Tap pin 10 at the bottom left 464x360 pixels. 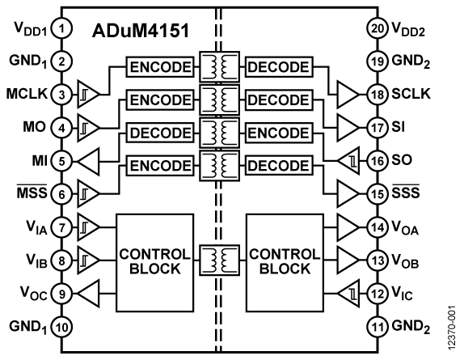click(60, 328)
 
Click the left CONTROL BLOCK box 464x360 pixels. click(154, 263)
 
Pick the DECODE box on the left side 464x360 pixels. click(159, 133)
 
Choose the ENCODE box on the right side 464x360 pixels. click(278, 133)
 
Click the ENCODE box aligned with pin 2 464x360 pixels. click(159, 66)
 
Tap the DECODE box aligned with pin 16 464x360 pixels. click(278, 166)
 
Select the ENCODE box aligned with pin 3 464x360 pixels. click(159, 100)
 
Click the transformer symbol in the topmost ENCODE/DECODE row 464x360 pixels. click(218, 66)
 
